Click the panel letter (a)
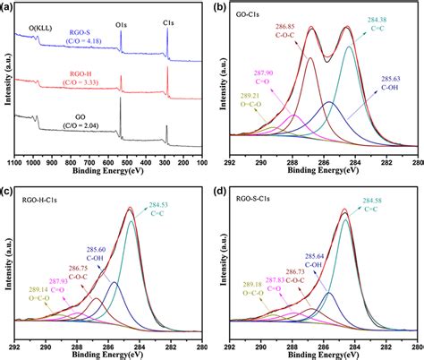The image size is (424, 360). tap(8, 6)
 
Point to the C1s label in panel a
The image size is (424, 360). tap(168, 15)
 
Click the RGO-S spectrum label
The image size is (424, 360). tap(75, 30)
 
